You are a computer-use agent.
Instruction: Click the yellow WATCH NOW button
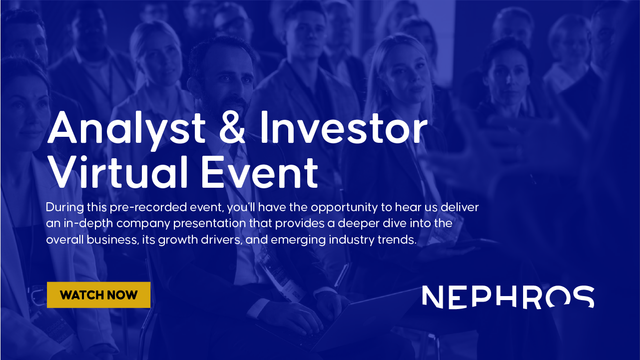click(98, 295)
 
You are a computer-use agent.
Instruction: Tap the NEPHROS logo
click(508, 297)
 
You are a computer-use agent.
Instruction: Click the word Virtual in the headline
click(118, 173)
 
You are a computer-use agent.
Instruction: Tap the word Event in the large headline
click(259, 173)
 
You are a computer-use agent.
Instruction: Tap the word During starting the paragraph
click(65, 208)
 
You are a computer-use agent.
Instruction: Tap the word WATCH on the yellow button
click(79, 295)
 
